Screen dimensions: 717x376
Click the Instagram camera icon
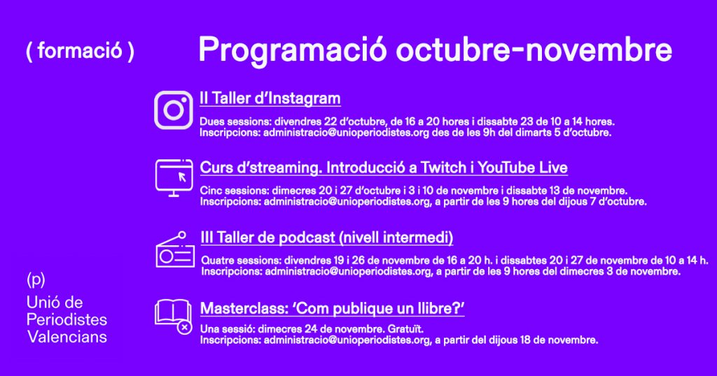(x=174, y=110)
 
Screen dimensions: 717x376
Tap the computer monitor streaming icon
(x=174, y=178)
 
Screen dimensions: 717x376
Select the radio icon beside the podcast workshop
(x=175, y=249)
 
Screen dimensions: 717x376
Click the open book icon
(x=174, y=316)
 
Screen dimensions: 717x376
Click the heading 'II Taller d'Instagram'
(x=270, y=99)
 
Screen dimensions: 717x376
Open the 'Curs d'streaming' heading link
(x=384, y=168)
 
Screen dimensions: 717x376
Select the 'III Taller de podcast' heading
(x=327, y=238)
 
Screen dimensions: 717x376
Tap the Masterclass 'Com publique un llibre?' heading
(x=333, y=308)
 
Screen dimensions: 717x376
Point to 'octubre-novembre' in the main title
(x=534, y=50)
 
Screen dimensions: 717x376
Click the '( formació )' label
(x=80, y=50)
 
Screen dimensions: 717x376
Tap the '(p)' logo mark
(x=36, y=280)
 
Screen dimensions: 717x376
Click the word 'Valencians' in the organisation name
(x=67, y=337)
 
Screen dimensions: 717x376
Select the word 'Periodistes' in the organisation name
(x=67, y=319)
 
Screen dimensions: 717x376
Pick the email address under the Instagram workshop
(x=346, y=133)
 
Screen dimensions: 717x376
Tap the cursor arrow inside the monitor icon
(x=183, y=177)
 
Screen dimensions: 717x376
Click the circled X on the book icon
(x=185, y=327)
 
